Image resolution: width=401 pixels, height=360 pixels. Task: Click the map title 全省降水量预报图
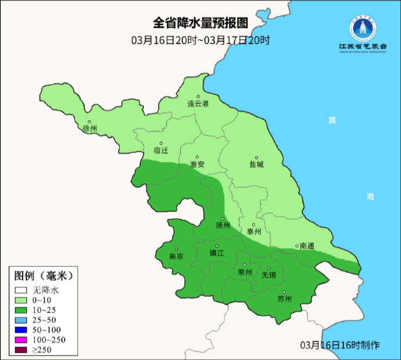coord(201,23)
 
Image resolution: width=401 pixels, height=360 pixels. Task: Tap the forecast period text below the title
coord(201,40)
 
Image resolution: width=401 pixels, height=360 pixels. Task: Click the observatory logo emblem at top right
coord(362,28)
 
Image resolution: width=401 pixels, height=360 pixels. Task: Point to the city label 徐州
coord(90,129)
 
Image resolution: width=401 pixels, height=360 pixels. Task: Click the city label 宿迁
coord(161,150)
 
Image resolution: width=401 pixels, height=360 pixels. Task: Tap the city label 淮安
coord(198,164)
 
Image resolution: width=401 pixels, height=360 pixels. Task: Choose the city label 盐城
coord(256,164)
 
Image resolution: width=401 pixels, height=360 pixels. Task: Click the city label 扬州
coord(223,226)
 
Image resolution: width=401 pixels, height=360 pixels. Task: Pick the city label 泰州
coord(254,231)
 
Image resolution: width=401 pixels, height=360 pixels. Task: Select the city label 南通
coord(306,246)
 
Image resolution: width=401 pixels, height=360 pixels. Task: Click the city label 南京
coord(176,256)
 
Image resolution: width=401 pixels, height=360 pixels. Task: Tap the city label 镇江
coord(217,253)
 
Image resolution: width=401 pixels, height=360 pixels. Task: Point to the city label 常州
coord(245,272)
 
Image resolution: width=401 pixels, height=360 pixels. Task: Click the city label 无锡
coord(268,275)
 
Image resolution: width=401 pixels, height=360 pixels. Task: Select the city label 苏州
coord(284,300)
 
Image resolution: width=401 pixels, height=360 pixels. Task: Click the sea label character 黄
coord(332,120)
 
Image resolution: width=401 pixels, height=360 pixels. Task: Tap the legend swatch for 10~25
coord(22,311)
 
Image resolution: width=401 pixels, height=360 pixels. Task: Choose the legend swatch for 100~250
coord(22,340)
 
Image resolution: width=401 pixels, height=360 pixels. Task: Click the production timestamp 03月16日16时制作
coord(340,345)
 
